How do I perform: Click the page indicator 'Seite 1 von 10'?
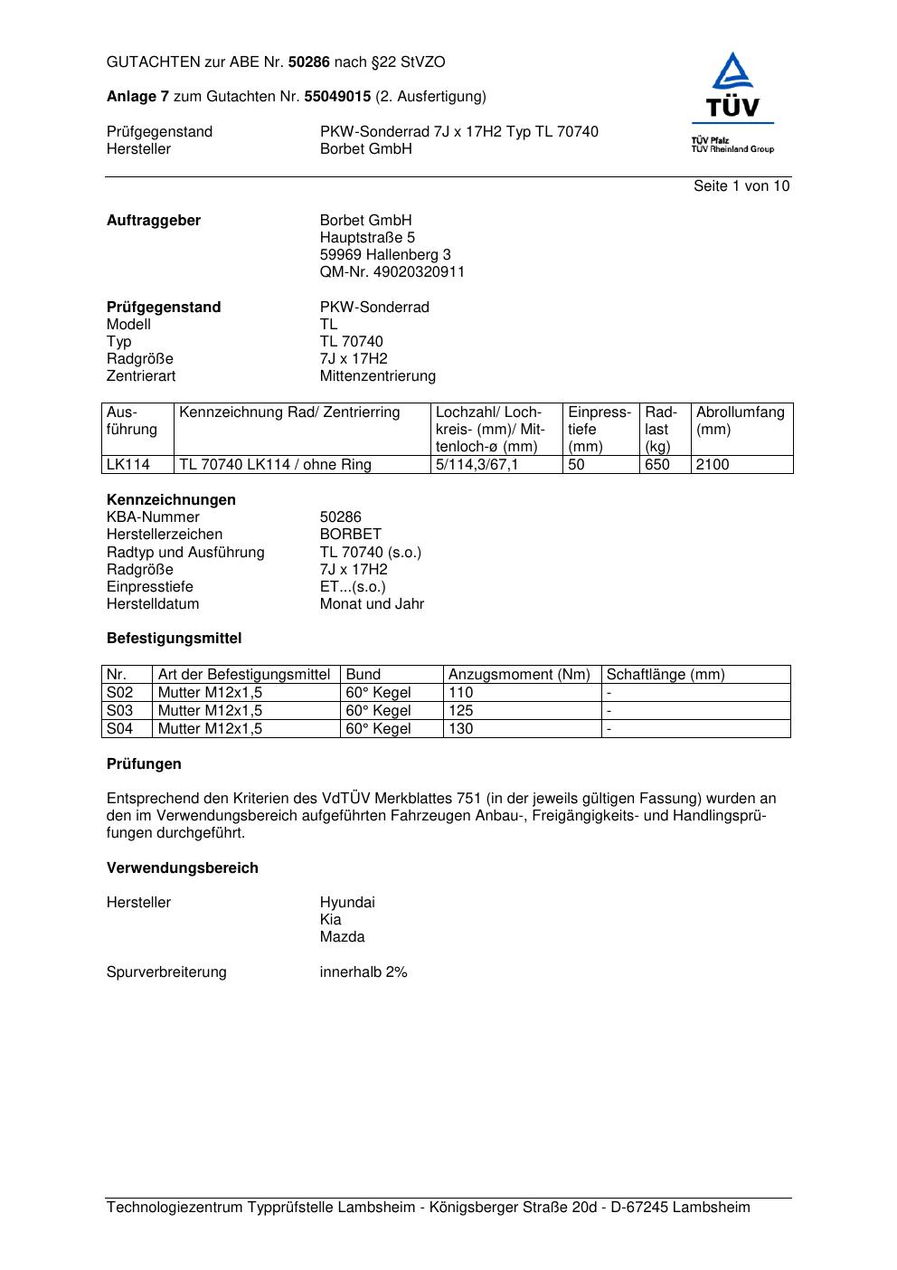click(x=741, y=186)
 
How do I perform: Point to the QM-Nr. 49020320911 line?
click(x=392, y=272)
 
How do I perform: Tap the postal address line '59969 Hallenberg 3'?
click(x=385, y=255)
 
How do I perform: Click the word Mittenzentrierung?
click(x=377, y=376)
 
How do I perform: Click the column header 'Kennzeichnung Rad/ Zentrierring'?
click(x=289, y=413)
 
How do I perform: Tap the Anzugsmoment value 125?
click(x=461, y=711)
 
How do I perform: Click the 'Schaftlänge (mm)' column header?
click(x=666, y=675)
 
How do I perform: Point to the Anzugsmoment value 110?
click(x=461, y=693)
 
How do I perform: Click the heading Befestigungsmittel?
click(x=175, y=639)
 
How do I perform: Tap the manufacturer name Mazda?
click(x=342, y=937)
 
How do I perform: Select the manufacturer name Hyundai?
click(x=347, y=903)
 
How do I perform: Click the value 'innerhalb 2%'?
click(x=364, y=972)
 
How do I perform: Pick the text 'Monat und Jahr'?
click(x=372, y=604)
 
